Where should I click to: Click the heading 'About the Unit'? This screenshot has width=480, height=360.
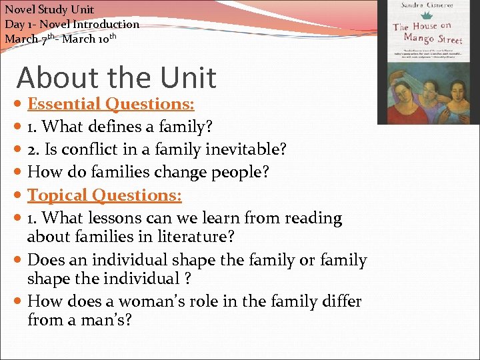click(x=117, y=77)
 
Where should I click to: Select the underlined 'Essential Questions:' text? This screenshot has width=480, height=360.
click(x=111, y=104)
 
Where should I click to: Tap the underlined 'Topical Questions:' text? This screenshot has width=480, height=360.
click(x=105, y=195)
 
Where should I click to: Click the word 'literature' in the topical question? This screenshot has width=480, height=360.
click(x=195, y=237)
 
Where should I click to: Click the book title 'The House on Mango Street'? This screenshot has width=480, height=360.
click(x=427, y=33)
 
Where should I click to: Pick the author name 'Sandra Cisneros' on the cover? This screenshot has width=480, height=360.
click(x=427, y=5)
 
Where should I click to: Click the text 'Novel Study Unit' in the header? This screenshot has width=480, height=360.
click(x=49, y=9)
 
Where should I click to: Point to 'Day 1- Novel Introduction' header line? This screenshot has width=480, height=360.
click(x=72, y=24)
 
